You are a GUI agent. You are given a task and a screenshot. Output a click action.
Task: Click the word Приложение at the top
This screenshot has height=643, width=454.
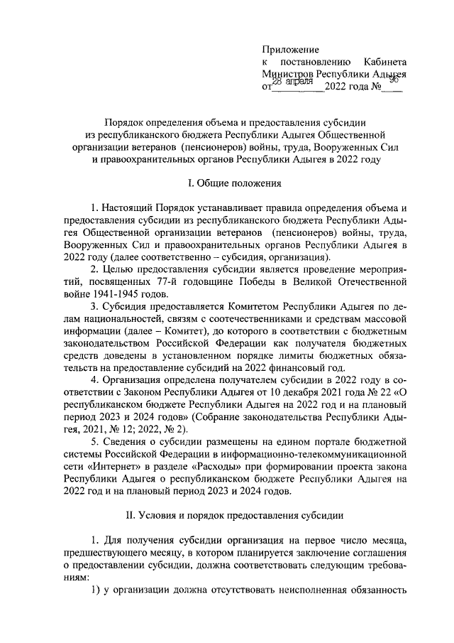coord(290,50)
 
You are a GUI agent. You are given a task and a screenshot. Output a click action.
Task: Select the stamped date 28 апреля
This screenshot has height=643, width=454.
coord(293,82)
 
